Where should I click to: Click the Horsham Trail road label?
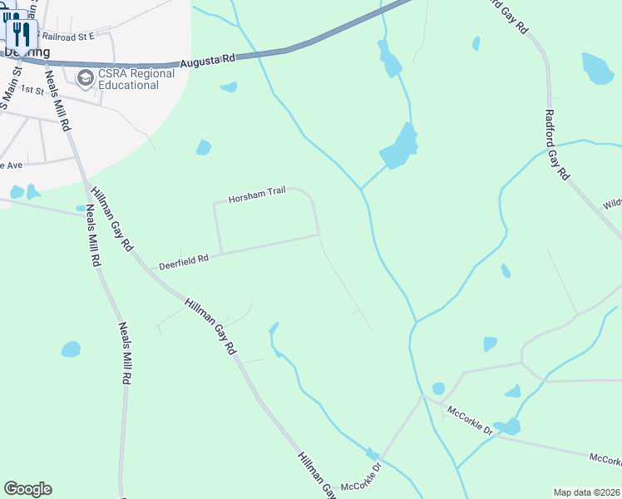[x=258, y=194]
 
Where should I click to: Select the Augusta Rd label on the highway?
[x=208, y=59]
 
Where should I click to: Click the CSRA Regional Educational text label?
[x=137, y=78]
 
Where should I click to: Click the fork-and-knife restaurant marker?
[x=22, y=33]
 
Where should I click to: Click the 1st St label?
[x=32, y=89]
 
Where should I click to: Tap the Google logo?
[x=27, y=489]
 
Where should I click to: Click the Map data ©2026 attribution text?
[x=585, y=492]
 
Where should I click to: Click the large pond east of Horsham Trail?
[x=399, y=148]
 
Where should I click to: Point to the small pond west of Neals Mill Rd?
[x=71, y=349]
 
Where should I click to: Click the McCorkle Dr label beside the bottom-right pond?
[x=470, y=420]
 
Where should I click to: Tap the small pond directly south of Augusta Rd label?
[x=229, y=86]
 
